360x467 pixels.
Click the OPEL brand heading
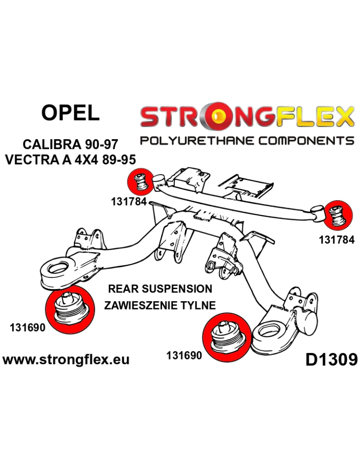point(71,113)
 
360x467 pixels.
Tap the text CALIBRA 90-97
point(71,145)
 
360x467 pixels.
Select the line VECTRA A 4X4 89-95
point(71,160)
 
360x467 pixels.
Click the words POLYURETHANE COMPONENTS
point(247,140)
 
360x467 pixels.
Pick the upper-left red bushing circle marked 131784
point(140,181)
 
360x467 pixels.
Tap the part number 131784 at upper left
point(129,202)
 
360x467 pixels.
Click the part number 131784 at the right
point(337,240)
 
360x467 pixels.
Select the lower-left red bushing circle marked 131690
point(71,309)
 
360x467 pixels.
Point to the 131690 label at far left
point(28,328)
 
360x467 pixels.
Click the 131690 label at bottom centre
point(184,355)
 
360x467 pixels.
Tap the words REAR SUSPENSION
point(160,289)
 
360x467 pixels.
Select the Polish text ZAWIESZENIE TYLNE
point(160,305)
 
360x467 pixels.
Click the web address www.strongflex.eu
point(66,360)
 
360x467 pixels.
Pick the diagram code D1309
point(331,360)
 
